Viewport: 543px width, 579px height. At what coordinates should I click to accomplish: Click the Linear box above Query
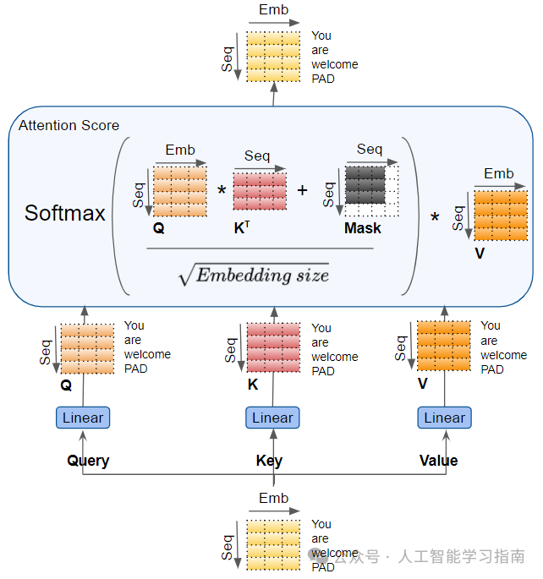click(83, 418)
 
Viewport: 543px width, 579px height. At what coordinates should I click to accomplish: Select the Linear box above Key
click(272, 418)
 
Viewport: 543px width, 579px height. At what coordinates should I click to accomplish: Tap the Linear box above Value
click(444, 418)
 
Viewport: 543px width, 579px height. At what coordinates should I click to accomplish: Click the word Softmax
click(65, 213)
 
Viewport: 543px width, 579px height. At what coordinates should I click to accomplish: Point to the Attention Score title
click(69, 125)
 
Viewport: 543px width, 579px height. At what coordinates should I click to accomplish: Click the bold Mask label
click(362, 228)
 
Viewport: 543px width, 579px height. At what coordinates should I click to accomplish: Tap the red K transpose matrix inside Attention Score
click(260, 191)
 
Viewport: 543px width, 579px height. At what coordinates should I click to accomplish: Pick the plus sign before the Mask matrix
click(302, 191)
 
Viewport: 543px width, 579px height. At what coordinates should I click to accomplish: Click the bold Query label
click(88, 461)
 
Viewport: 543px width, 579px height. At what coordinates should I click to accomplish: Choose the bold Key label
click(269, 461)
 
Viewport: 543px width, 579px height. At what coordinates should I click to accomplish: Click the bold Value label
click(438, 461)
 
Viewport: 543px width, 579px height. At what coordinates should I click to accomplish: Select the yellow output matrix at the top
click(273, 57)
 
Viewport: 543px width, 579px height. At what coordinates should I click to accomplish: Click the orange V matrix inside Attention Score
click(500, 215)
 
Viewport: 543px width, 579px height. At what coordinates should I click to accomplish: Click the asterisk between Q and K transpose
click(222, 191)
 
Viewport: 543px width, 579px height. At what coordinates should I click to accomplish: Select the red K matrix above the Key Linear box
click(273, 347)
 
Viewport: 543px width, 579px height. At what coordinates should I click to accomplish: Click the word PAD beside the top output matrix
click(323, 79)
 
